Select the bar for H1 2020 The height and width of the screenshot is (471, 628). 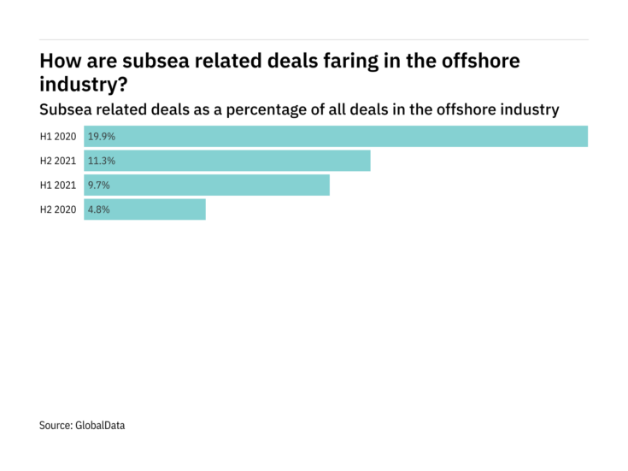click(336, 137)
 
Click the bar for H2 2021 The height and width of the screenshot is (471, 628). click(227, 161)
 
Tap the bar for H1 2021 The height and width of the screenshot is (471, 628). click(207, 185)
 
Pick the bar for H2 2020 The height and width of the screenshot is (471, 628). click(144, 209)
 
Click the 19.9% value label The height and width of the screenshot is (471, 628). click(100, 137)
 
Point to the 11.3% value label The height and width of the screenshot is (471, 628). click(100, 161)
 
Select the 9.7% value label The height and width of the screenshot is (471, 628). click(98, 185)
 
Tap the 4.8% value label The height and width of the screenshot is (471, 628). click(98, 209)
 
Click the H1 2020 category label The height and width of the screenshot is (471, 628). click(58, 137)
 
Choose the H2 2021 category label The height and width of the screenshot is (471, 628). click(58, 161)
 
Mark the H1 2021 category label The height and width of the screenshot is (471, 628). click(58, 185)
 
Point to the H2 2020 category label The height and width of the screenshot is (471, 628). click(58, 209)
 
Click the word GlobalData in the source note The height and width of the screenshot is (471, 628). click(101, 425)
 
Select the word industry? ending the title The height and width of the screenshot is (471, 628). click(83, 85)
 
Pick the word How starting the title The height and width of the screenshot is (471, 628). click(58, 62)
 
